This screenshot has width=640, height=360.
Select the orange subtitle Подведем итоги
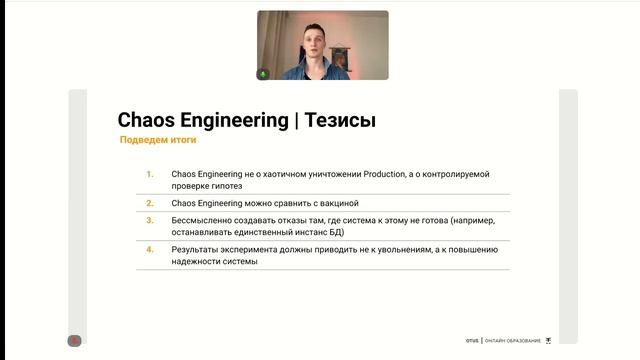tap(157, 141)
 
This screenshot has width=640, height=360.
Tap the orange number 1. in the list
tap(149, 174)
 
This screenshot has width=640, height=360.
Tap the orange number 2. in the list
tap(149, 202)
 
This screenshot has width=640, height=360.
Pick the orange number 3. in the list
tap(149, 219)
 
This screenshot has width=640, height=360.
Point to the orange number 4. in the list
tap(149, 249)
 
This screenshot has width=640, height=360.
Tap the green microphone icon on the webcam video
tap(264, 73)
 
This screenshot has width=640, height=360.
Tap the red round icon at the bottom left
tap(74, 340)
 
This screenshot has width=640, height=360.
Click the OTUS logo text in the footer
tap(471, 341)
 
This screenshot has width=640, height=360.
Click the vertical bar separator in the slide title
tap(295, 121)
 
